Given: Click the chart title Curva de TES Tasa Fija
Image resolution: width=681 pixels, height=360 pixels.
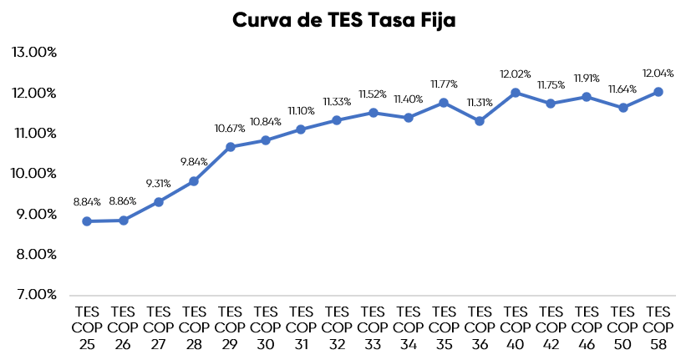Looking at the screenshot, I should [x=343, y=20].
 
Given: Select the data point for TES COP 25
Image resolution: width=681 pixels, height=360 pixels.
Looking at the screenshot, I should [x=87, y=221].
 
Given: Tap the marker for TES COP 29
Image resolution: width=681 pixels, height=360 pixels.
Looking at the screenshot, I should [x=230, y=147].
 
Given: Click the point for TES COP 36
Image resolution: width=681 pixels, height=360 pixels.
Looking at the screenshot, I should [x=480, y=121].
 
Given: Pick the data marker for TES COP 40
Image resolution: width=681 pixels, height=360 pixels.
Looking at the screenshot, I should [x=516, y=93].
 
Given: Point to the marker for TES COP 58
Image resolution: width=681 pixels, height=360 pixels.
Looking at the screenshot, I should [x=658, y=92].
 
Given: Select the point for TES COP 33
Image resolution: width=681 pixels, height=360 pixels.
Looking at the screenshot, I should [x=373, y=113].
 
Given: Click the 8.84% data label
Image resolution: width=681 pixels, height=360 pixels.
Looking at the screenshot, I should [x=87, y=201].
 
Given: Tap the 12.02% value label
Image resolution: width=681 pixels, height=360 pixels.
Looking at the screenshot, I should [x=516, y=74].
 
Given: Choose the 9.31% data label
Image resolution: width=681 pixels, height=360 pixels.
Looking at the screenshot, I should [x=159, y=182].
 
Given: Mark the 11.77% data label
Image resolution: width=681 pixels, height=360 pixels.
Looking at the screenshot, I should [x=444, y=84].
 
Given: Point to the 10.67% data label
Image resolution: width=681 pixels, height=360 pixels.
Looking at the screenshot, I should [x=230, y=128].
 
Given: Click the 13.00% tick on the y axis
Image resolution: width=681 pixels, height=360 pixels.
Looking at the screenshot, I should [x=33, y=52].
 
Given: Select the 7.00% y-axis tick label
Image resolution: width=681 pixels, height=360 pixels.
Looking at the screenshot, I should [x=33, y=294].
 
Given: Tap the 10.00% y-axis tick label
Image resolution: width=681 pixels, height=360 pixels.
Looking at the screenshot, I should [x=33, y=173].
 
